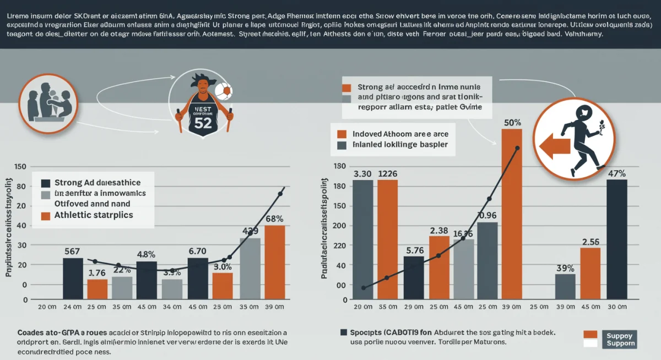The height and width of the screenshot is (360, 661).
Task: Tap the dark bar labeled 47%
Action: [616, 239]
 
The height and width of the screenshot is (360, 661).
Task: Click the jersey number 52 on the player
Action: [203, 123]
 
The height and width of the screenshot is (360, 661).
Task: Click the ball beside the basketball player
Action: [224, 91]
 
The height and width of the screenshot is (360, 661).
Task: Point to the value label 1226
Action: [387, 174]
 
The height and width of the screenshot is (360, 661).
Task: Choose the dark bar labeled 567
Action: [73, 278]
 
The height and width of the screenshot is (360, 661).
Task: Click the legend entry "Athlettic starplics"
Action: [94, 215]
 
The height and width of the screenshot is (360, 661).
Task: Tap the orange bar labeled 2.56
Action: [590, 273]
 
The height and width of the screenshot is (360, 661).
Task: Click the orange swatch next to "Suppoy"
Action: [590, 334]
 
